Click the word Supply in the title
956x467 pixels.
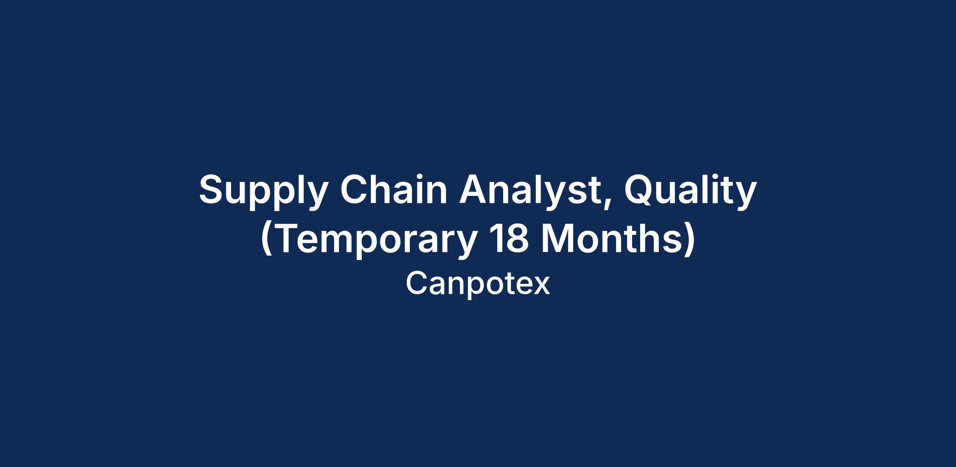point(263,191)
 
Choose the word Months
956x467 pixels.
point(610,238)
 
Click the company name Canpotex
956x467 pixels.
point(478,284)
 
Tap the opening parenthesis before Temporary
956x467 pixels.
point(266,240)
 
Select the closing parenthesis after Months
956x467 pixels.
point(690,240)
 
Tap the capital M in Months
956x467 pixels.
point(557,238)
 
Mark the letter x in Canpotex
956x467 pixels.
point(542,287)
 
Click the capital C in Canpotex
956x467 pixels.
point(416,283)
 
